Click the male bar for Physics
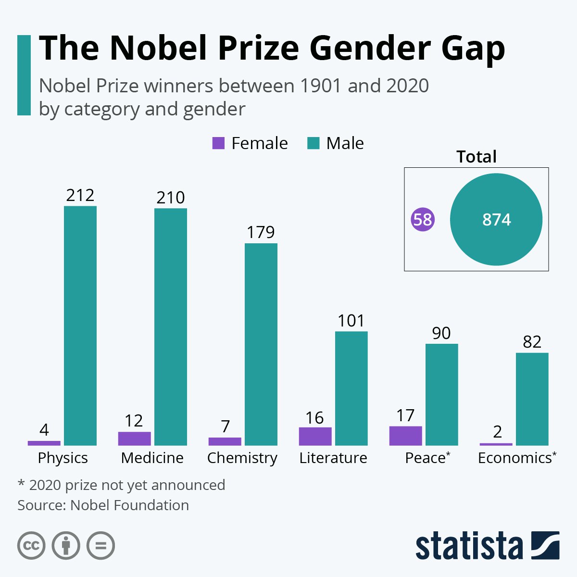coord(80,326)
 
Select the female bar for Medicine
coord(135,439)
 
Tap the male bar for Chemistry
coord(261,344)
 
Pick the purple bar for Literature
coord(315,436)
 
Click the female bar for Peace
coord(406,436)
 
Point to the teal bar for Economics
coord(532,399)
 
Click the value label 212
coord(80,196)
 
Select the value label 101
coord(351,321)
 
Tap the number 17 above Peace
coord(405,416)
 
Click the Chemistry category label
coord(242,458)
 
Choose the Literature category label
coord(333,458)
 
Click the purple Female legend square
coord(218,143)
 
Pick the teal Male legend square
coord(314,143)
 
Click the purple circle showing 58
coord(423,220)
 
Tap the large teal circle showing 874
coord(496,220)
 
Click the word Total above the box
coord(477,157)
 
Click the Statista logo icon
coord(545,546)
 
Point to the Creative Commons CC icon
coord(31,546)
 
